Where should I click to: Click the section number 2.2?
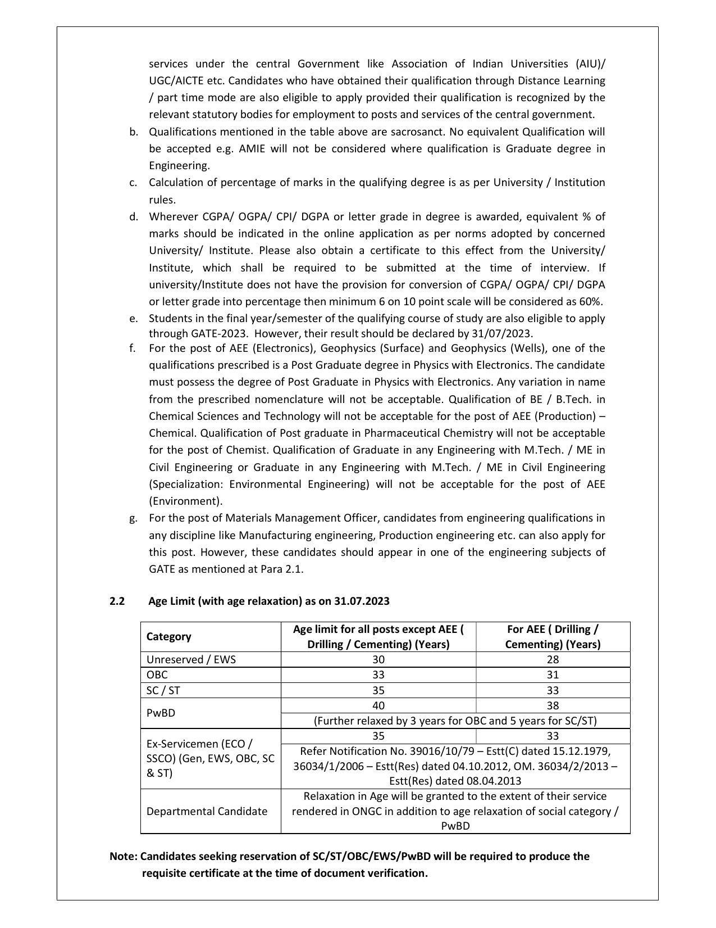[117, 601]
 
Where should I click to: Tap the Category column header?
[168, 636]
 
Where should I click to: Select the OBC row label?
[157, 675]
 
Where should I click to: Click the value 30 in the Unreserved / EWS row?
[378, 659]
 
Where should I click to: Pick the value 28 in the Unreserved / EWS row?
[553, 659]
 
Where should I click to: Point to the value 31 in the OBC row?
[553, 675]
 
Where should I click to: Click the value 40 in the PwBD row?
[378, 705]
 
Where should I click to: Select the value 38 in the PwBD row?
[553, 705]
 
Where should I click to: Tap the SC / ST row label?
[163, 690]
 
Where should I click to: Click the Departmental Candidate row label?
[207, 811]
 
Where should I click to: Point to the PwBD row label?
[161, 713]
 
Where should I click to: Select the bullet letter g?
[133, 518]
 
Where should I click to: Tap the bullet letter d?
[133, 217]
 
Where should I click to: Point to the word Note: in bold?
[124, 856]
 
